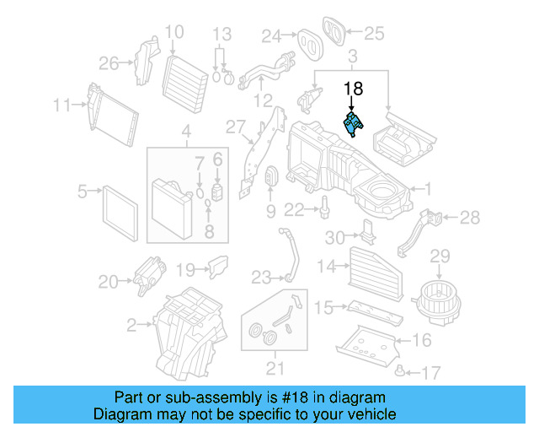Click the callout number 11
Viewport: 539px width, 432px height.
point(61,105)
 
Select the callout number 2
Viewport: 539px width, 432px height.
point(131,324)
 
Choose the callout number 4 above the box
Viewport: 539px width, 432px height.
point(186,132)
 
